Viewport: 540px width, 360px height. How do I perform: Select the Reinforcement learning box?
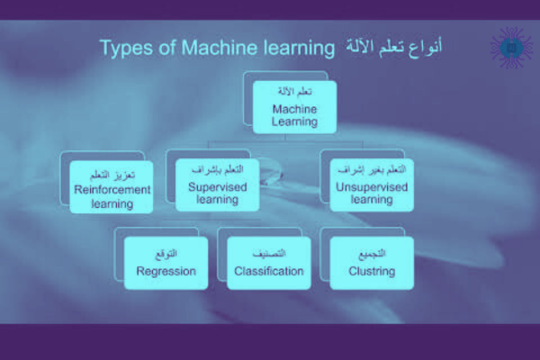[x=112, y=186]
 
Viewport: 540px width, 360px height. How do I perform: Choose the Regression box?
[x=166, y=262]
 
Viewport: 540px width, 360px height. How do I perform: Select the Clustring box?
[x=372, y=262]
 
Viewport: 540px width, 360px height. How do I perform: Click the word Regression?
[x=166, y=270]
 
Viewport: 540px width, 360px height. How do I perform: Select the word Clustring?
[x=372, y=270]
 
